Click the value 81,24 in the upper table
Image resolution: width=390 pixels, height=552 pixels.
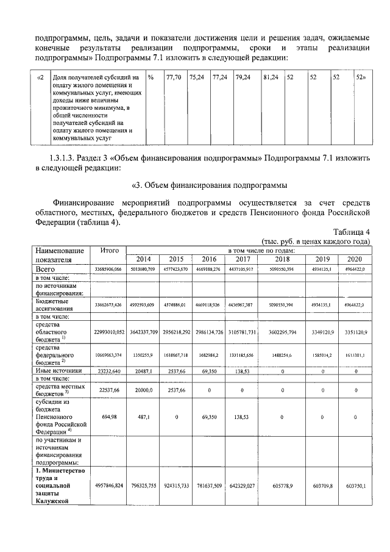click(x=271, y=78)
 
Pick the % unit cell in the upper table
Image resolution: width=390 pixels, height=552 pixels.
click(x=151, y=78)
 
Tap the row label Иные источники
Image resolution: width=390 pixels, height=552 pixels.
click(x=58, y=370)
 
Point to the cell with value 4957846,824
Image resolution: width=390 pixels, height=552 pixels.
click(x=108, y=484)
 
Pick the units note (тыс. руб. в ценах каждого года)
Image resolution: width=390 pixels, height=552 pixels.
click(x=315, y=242)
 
